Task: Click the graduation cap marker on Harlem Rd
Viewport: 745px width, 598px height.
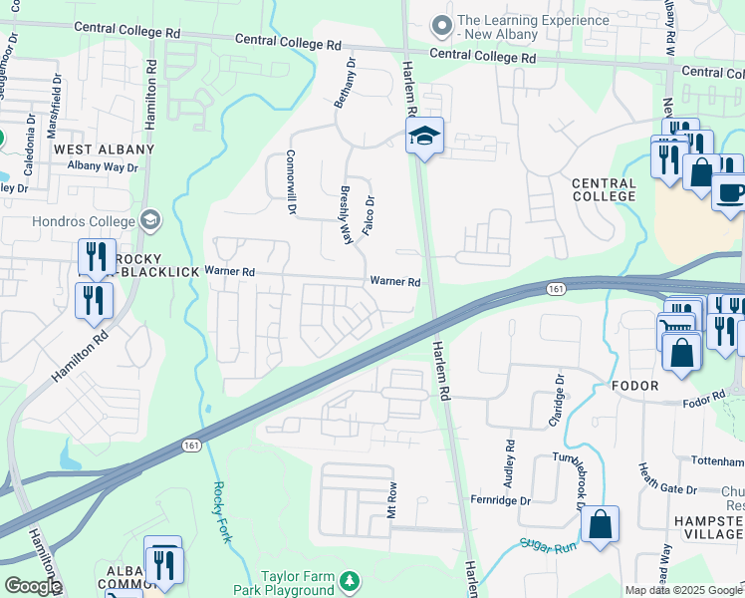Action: [x=424, y=137]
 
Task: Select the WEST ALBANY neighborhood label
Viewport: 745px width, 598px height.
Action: [x=105, y=149]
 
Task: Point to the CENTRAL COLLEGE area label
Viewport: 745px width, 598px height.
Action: [x=604, y=190]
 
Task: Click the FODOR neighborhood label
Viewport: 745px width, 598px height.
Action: [x=637, y=386]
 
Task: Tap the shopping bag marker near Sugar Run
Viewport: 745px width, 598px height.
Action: [x=601, y=525]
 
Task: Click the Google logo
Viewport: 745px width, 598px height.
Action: [x=32, y=586]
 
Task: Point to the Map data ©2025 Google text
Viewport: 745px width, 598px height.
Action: [x=682, y=590]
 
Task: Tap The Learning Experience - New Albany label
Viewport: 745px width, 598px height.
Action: [x=497, y=27]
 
